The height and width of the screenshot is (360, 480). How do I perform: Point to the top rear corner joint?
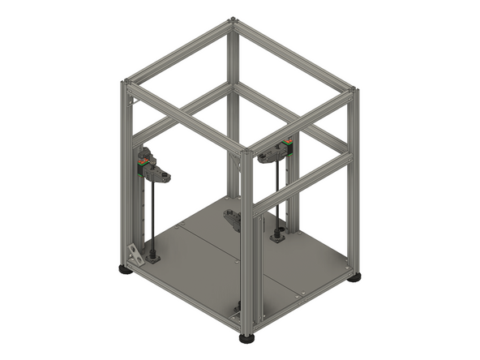[x=234, y=19]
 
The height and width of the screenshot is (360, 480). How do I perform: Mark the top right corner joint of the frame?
[x=353, y=90]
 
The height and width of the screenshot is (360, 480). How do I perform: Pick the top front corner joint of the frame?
[x=246, y=151]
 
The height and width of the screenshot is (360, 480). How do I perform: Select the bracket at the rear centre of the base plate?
[x=233, y=219]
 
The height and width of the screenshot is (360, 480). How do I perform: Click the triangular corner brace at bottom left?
[x=136, y=255]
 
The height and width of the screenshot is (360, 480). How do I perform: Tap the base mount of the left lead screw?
[x=151, y=259]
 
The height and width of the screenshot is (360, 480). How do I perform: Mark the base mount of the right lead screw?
[x=278, y=236]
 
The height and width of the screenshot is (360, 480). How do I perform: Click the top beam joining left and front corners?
[x=186, y=116]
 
